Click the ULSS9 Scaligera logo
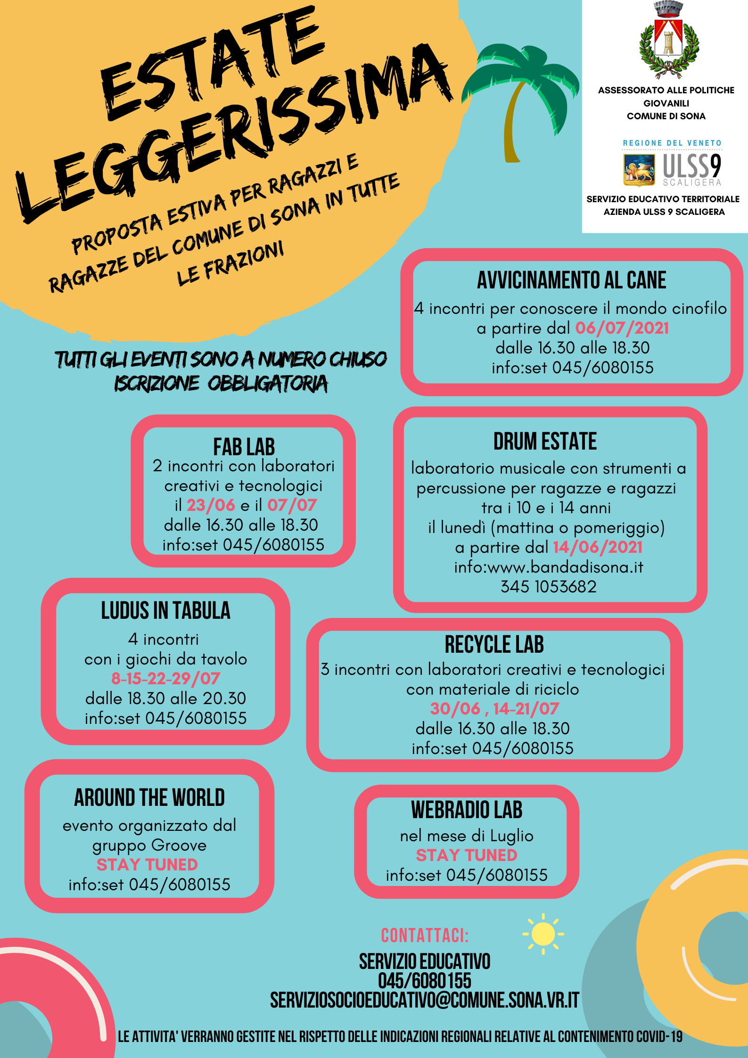[x=673, y=169]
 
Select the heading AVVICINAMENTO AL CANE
[x=571, y=280]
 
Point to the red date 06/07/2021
[x=622, y=328]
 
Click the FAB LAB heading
[x=244, y=447]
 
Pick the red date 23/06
[x=211, y=505]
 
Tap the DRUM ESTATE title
[x=545, y=442]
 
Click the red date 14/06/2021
[x=598, y=547]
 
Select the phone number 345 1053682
[x=548, y=587]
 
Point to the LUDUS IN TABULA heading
[x=165, y=611]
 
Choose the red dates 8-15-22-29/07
[x=165, y=679]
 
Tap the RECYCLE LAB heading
[x=494, y=645]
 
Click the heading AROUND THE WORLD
[x=149, y=798]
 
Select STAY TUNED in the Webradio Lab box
[x=467, y=855]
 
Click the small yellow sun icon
[x=543, y=934]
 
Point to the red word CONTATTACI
[x=425, y=935]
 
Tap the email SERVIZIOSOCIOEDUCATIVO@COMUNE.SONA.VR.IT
[x=424, y=1000]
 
